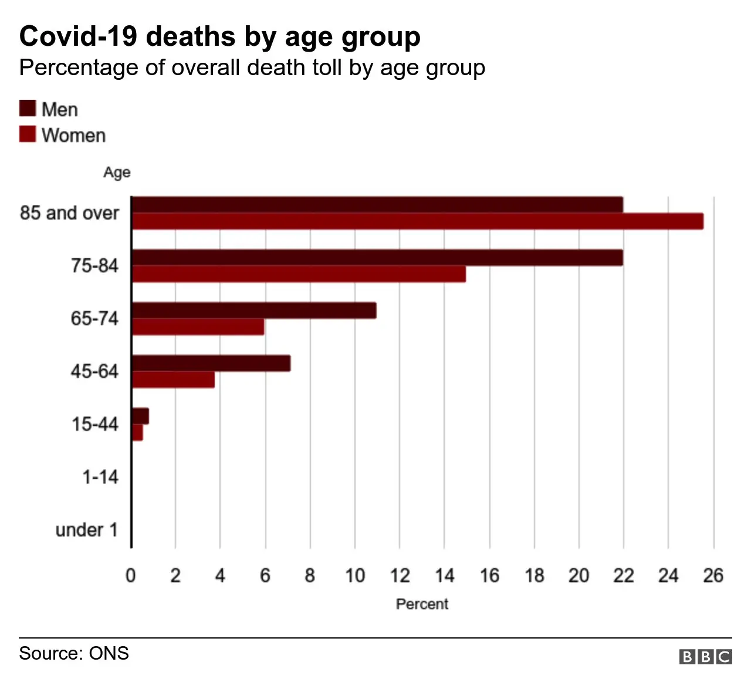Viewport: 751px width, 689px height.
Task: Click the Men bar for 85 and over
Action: point(377,205)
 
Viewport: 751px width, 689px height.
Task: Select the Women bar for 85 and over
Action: point(417,221)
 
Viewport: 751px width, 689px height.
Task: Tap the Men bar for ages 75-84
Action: point(377,258)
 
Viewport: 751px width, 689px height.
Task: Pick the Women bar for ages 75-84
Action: point(299,274)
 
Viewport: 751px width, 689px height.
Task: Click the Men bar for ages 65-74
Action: point(253,310)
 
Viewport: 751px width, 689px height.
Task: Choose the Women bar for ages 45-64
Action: point(173,380)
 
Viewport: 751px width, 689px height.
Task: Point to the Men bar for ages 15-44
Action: point(140,416)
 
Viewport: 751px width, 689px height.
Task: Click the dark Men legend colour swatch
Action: point(28,109)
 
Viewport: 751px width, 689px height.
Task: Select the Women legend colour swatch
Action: point(28,134)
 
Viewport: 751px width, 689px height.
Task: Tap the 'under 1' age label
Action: point(87,530)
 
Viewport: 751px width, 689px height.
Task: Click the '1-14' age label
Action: point(100,477)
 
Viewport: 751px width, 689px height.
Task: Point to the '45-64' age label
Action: point(94,371)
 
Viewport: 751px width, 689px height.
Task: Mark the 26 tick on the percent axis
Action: point(713,576)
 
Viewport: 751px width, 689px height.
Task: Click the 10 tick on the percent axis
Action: point(354,576)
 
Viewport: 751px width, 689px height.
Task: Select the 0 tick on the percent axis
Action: point(131,576)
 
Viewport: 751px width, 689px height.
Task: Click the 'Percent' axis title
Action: point(422,604)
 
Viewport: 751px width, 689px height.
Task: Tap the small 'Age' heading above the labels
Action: point(117,173)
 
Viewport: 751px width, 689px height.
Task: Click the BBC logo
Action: point(705,656)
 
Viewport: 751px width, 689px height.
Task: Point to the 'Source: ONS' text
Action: point(74,653)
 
